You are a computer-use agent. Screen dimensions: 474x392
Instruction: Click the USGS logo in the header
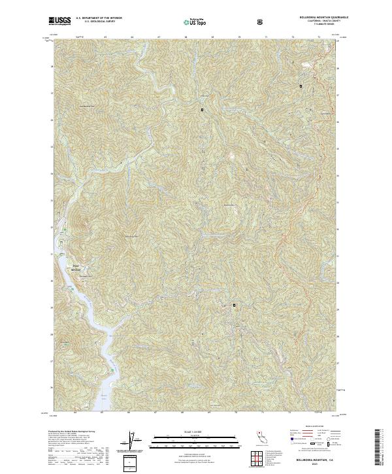point(59,21)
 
